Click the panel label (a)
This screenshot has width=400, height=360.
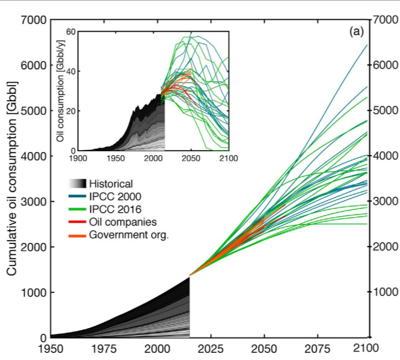[x=356, y=32]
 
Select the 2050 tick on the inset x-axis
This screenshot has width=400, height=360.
[x=191, y=158]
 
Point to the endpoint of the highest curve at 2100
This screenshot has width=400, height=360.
[x=367, y=45]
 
